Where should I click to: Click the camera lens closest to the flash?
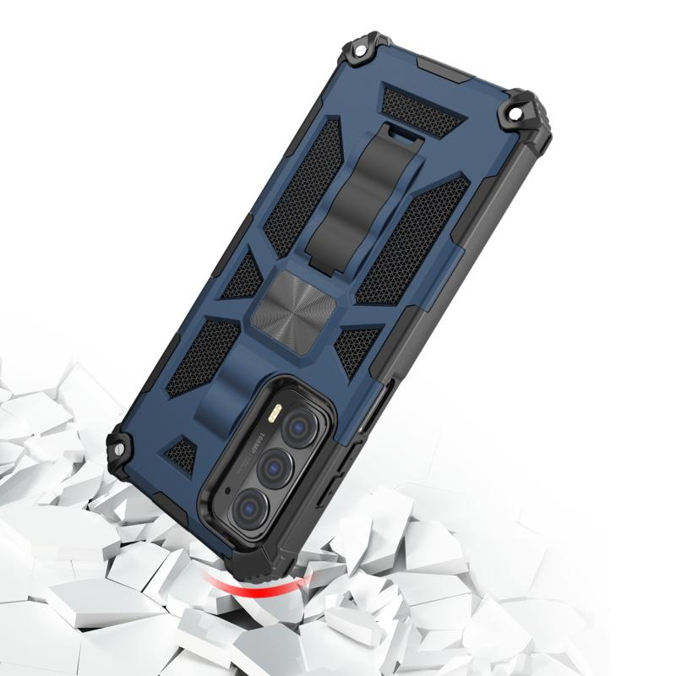pyautogui.click(x=297, y=426)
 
